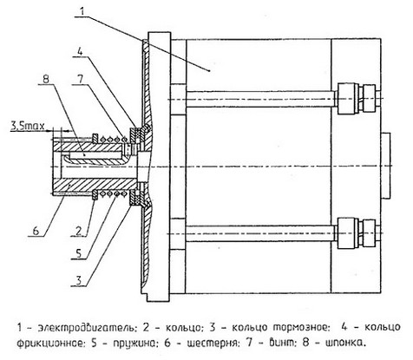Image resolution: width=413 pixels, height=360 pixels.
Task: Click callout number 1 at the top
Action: [x=82, y=11]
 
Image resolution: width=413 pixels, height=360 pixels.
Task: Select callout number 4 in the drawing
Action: [x=80, y=52]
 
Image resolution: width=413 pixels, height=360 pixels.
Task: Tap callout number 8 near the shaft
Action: [x=46, y=79]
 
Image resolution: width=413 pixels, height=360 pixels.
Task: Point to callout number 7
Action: [x=81, y=79]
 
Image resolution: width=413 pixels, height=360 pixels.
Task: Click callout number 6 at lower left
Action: [x=36, y=231]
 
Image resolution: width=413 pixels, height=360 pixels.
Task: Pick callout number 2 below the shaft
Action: [x=79, y=231]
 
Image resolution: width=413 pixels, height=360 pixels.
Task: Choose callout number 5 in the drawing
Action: [x=79, y=253]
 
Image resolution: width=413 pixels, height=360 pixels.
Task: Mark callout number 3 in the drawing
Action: [x=79, y=279]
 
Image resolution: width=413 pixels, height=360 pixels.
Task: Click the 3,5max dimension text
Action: [x=28, y=126]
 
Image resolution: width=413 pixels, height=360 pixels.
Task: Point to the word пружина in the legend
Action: [x=135, y=344]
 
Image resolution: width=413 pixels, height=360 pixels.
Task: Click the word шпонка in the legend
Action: [x=345, y=344]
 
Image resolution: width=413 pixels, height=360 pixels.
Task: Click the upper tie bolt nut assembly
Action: [x=358, y=99]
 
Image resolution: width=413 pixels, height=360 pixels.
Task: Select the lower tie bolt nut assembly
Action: [x=358, y=233]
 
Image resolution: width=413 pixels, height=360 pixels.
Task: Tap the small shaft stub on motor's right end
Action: [x=386, y=166]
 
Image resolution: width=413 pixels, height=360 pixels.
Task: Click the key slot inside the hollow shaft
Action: [x=94, y=155]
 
